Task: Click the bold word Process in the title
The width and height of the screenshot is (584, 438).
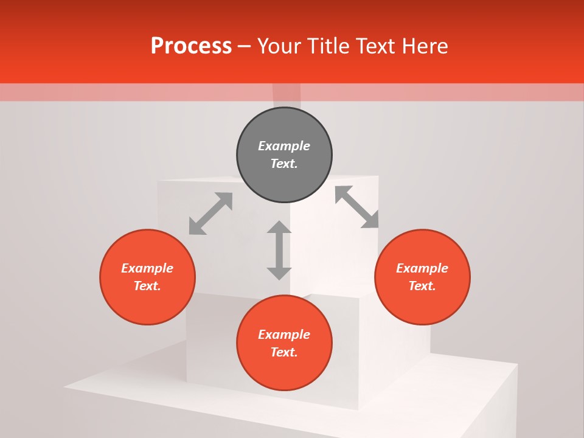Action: coord(191,46)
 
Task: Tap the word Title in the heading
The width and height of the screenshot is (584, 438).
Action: coord(330,46)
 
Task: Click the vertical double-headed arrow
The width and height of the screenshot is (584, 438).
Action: coord(279,250)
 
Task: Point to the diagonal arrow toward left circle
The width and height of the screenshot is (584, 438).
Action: coord(210,214)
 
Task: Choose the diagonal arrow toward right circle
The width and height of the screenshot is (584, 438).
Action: coord(357,207)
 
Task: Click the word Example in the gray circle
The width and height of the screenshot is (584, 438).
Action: coord(284,146)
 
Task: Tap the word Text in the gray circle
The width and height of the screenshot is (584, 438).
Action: coord(283,164)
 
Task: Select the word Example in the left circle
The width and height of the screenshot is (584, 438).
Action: coord(147,268)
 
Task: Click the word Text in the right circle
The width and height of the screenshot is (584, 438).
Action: coord(422,286)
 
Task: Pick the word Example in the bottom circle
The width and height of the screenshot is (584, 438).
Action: coord(284,335)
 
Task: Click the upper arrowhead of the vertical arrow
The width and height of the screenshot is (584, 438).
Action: coord(279,228)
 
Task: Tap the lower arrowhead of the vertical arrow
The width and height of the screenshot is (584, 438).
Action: coord(279,273)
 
